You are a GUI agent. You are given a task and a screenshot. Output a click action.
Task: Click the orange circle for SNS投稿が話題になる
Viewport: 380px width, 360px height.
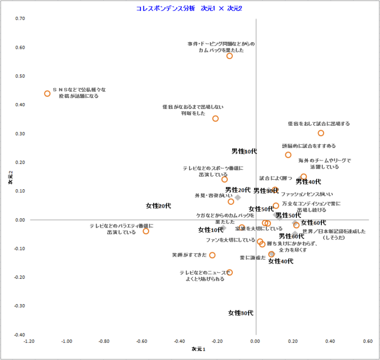pyautogui.click(x=47, y=94)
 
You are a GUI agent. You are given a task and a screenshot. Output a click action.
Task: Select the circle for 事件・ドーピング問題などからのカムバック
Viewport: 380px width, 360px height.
pyautogui.click(x=230, y=56)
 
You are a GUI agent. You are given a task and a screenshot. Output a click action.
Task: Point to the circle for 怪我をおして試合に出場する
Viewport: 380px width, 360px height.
pyautogui.click(x=321, y=133)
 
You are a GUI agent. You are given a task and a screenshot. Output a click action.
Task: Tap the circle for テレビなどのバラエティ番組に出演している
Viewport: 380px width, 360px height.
pyautogui.click(x=146, y=231)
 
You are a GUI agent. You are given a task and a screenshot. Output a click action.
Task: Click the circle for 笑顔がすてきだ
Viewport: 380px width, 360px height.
pyautogui.click(x=212, y=255)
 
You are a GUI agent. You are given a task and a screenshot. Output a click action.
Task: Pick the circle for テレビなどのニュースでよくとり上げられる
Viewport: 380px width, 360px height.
pyautogui.click(x=230, y=272)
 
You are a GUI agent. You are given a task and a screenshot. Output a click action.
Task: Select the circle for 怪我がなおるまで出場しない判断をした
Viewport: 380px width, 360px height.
pyautogui.click(x=216, y=118)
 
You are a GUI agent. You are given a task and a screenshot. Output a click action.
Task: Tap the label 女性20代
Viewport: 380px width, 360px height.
pyautogui.click(x=159, y=206)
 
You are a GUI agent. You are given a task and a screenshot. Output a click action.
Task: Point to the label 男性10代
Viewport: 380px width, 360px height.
pyautogui.click(x=244, y=151)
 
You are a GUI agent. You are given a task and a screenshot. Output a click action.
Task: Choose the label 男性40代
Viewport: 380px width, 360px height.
pyautogui.click(x=308, y=182)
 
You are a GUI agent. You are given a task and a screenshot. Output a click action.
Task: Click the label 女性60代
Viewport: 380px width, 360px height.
pyautogui.click(x=313, y=222)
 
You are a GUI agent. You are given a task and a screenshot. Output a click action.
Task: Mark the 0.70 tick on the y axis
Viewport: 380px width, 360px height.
pyautogui.click(x=20, y=18)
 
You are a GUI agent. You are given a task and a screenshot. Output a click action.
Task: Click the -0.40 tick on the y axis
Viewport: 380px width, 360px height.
pyautogui.click(x=19, y=335)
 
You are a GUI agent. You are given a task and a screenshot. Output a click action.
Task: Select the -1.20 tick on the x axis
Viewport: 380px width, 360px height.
pyautogui.click(x=29, y=341)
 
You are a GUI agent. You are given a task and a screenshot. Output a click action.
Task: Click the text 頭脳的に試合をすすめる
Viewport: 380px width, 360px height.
pyautogui.click(x=308, y=146)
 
